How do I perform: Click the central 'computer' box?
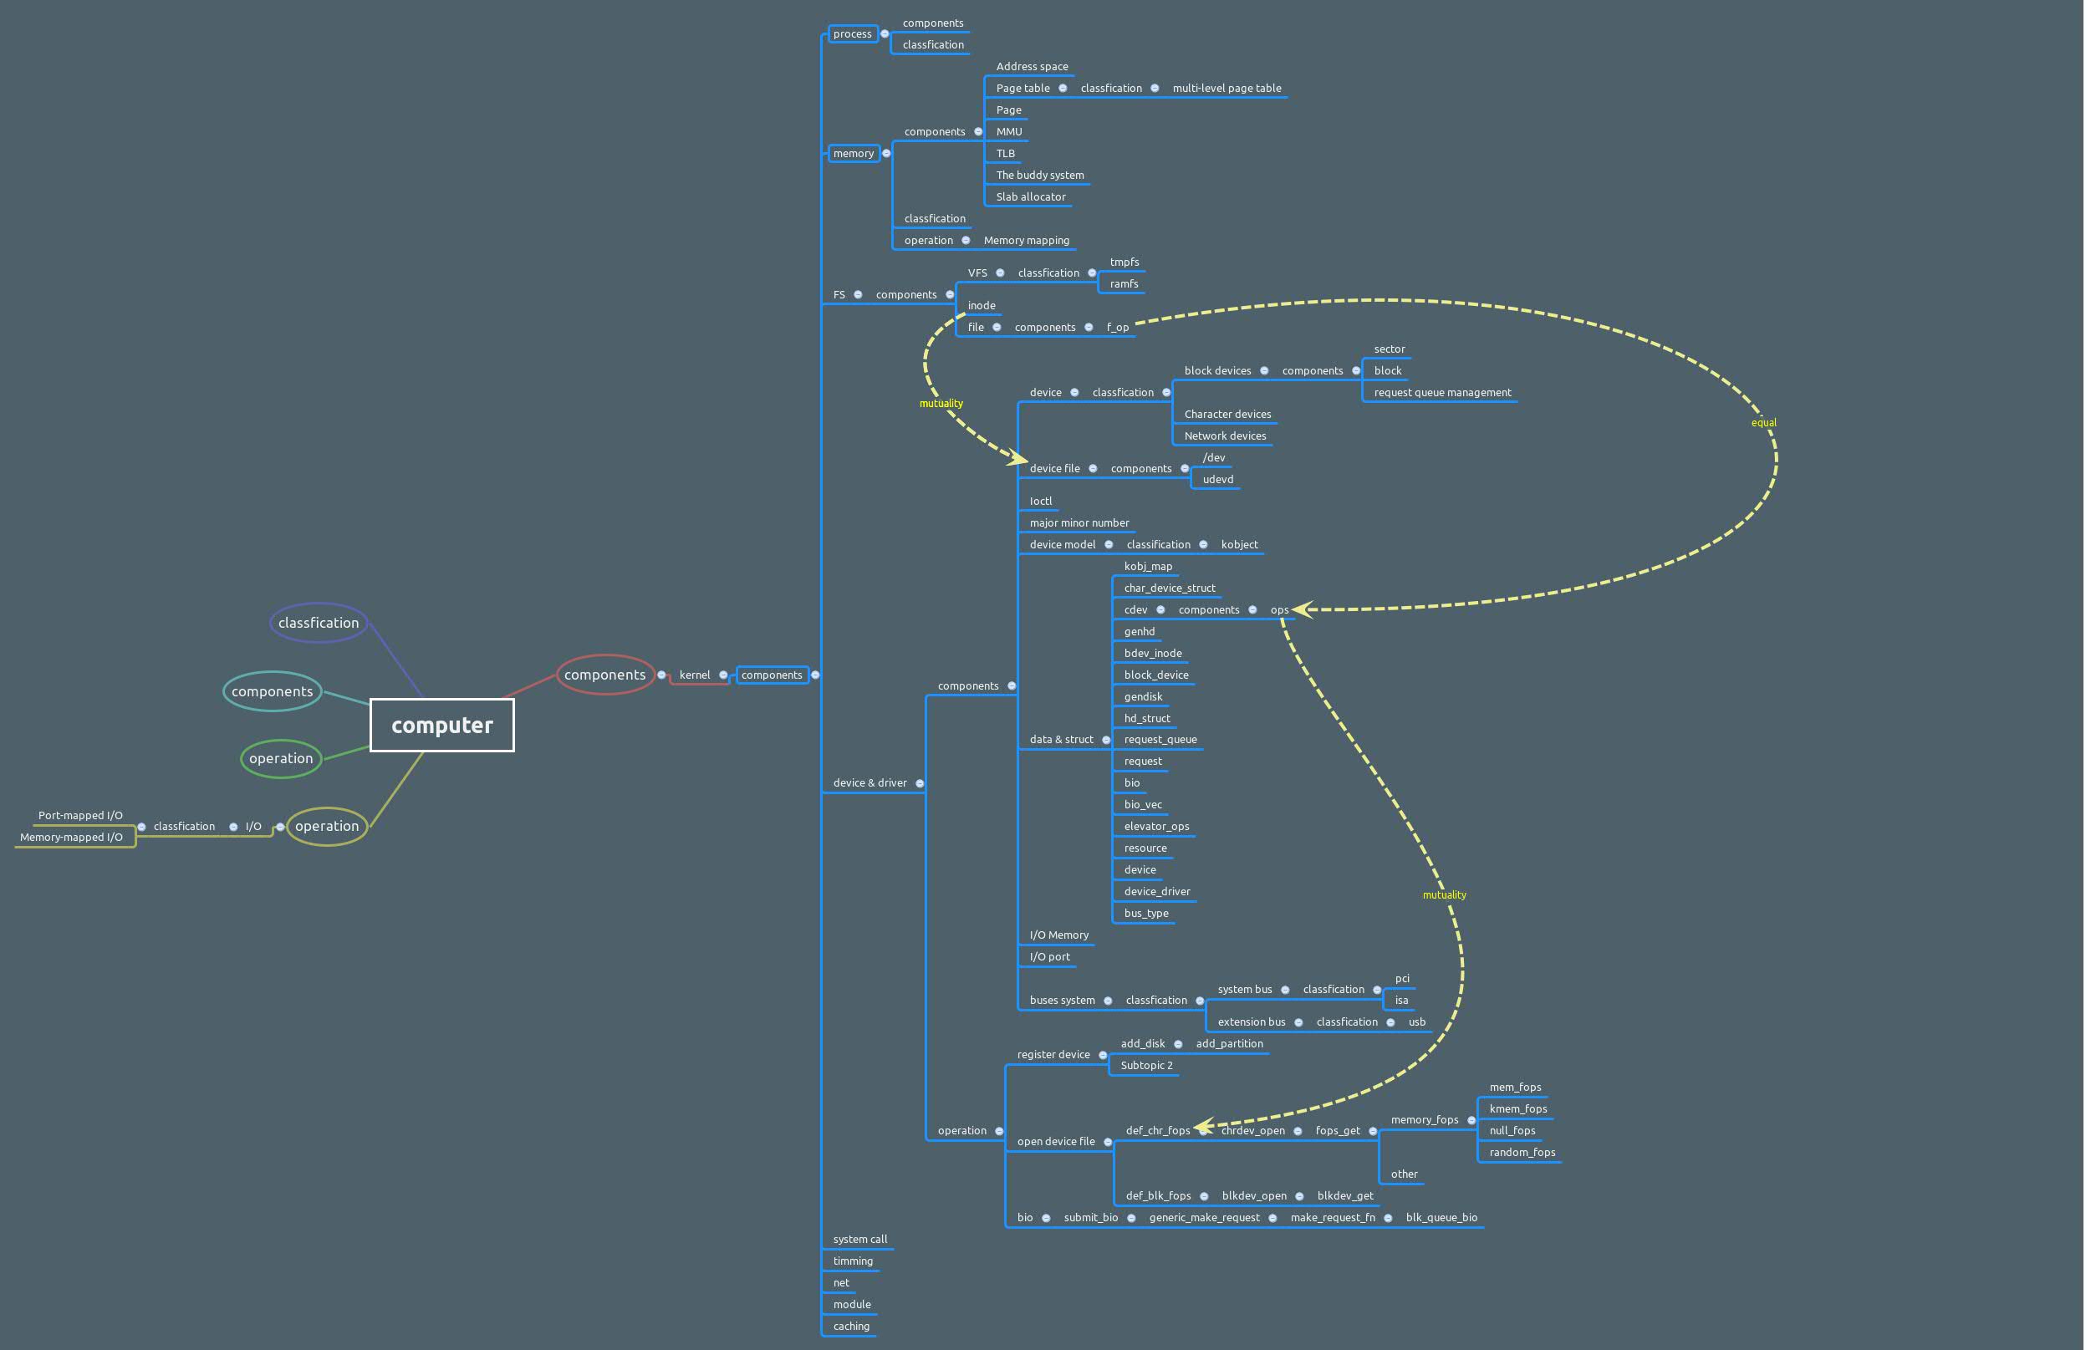tap(441, 725)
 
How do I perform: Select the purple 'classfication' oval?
tap(319, 623)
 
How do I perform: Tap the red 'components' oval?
tap(604, 674)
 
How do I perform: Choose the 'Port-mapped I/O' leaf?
tap(79, 815)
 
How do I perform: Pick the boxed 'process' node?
tap(852, 34)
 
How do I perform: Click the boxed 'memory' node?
tap(853, 154)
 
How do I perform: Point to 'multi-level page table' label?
tap(1226, 89)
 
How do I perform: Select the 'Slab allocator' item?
tap(1030, 197)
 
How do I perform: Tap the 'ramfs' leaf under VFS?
tap(1124, 284)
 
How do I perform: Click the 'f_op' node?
tap(1117, 328)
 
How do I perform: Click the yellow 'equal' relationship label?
tap(1763, 422)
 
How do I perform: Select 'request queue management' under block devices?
tap(1442, 393)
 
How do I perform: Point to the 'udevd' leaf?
tap(1217, 480)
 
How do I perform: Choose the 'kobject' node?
tap(1239, 544)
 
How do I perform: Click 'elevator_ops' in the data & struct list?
tap(1156, 827)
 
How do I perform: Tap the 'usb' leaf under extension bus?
tap(1416, 1022)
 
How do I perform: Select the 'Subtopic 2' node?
tap(1145, 1066)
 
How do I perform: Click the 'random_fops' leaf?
tap(1522, 1153)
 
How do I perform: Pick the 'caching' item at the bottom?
tap(851, 1327)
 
